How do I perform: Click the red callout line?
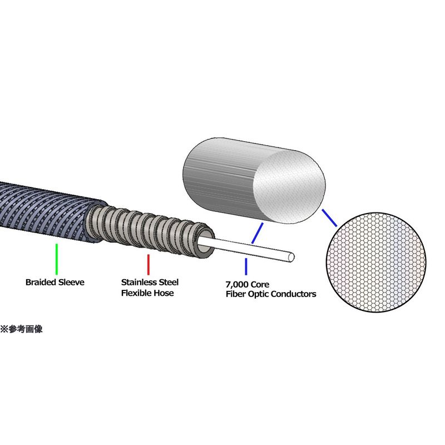[149, 263]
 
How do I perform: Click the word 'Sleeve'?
[72, 282]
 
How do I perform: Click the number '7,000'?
[234, 284]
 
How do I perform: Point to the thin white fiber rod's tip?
[291, 258]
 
